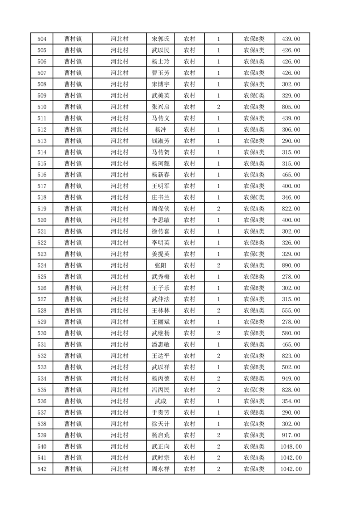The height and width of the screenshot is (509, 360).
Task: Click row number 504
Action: (41, 39)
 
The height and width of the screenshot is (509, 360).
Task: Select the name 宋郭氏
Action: (161, 39)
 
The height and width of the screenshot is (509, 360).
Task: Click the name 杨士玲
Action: (161, 62)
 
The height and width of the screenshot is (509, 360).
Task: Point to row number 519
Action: (41, 209)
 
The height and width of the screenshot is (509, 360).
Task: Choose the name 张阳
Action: (161, 265)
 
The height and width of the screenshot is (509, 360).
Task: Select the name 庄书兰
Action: (161, 197)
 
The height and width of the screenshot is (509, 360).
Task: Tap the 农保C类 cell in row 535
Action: (254, 390)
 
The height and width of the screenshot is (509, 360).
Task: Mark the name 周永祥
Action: (161, 469)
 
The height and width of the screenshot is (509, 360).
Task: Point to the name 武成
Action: (161, 401)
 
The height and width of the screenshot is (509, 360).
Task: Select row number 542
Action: (41, 469)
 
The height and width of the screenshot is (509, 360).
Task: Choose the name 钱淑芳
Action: (161, 141)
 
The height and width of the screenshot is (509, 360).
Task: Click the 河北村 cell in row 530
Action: (119, 333)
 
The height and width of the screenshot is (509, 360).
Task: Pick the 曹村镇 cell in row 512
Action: (73, 130)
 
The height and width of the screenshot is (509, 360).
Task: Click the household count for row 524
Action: (218, 265)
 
